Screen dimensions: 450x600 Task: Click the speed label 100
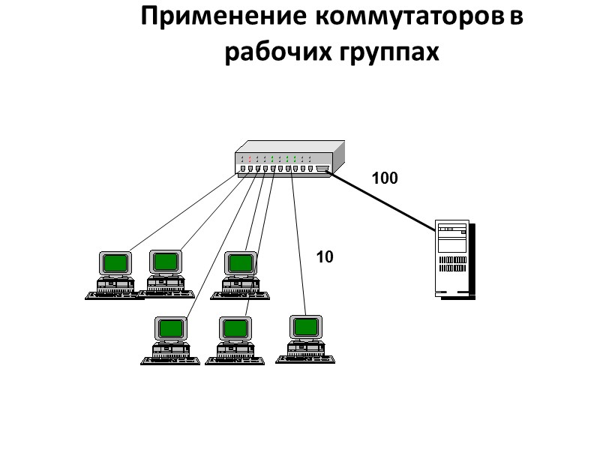384,178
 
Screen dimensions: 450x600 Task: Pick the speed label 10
325,257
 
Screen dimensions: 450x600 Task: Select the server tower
453,258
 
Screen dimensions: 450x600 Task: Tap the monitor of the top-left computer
115,263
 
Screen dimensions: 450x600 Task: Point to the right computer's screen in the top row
241,262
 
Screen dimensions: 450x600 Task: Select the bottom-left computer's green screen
170,328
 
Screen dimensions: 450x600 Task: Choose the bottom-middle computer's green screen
235,328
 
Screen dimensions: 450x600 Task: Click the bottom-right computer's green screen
305,327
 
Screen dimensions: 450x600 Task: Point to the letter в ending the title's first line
515,17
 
